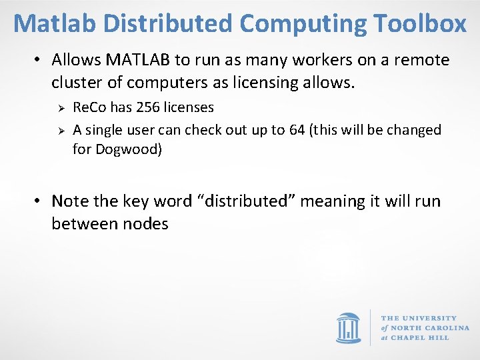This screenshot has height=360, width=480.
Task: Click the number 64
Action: tap(297, 129)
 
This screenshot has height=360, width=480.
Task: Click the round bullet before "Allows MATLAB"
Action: tap(39, 60)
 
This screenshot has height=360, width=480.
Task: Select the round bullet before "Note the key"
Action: tap(39, 201)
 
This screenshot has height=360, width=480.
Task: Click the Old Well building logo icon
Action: tap(348, 328)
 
